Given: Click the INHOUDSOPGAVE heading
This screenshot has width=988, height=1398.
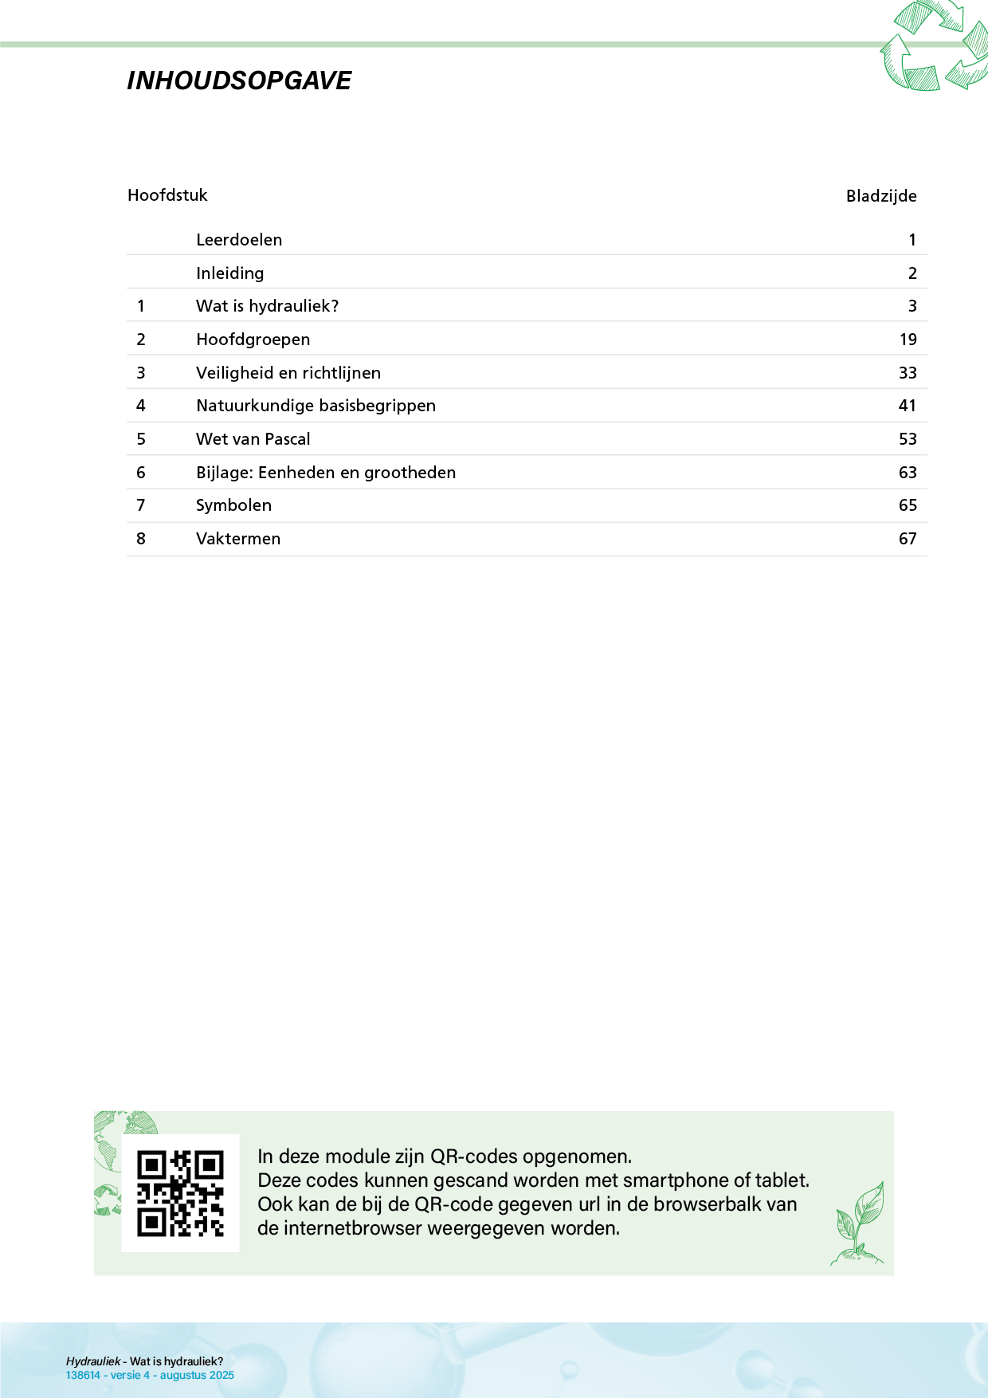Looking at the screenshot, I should [239, 81].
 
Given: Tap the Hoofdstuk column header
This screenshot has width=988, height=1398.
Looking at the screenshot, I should [167, 195].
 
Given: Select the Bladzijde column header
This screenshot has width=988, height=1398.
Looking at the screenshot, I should [880, 196].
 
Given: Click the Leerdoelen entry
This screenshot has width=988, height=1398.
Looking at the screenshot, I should [239, 240].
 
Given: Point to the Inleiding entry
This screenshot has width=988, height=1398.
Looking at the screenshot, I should [229, 273].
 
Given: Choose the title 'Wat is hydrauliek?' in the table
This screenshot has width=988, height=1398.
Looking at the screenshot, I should [267, 306].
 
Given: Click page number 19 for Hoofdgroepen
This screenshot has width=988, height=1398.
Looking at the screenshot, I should [908, 340].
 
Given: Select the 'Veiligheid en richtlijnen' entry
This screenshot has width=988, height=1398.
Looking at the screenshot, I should [288, 373].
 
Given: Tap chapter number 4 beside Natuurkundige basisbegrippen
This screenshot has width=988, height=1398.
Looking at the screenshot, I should [141, 406].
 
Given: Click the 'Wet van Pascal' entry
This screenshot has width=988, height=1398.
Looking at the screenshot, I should [253, 439].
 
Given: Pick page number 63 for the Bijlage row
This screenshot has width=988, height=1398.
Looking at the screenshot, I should [908, 473].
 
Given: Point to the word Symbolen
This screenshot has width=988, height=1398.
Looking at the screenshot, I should [233, 505].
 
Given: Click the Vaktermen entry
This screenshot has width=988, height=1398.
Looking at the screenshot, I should [238, 539].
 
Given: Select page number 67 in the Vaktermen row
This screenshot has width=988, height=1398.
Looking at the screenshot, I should [908, 539].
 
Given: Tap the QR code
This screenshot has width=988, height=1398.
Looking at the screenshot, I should [180, 1193].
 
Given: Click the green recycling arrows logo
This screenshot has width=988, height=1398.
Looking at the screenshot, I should [934, 46].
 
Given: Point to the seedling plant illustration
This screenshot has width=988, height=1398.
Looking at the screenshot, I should [859, 1223].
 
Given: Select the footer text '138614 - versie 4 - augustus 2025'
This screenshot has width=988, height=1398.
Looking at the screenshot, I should [150, 1375].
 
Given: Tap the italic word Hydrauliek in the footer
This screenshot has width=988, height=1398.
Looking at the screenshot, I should [92, 1361].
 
